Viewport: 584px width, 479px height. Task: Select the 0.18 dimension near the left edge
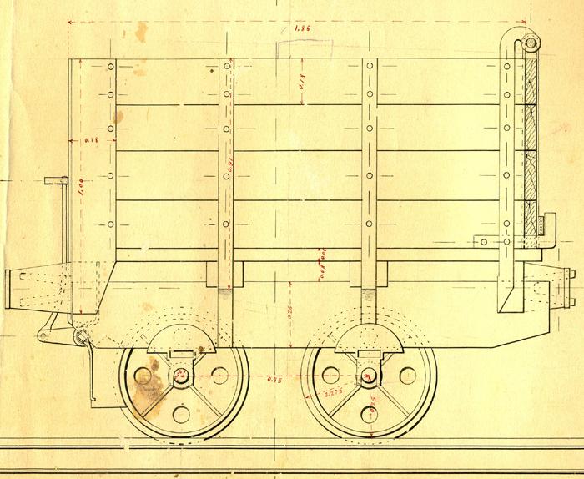tap(91, 141)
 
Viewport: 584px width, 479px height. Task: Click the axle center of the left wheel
tap(181, 377)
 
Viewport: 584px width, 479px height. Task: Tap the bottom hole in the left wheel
tap(181, 415)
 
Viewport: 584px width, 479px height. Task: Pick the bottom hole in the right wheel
tap(368, 415)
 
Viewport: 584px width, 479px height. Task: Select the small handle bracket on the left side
tap(53, 182)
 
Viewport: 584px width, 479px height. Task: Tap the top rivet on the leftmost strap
tap(111, 66)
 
